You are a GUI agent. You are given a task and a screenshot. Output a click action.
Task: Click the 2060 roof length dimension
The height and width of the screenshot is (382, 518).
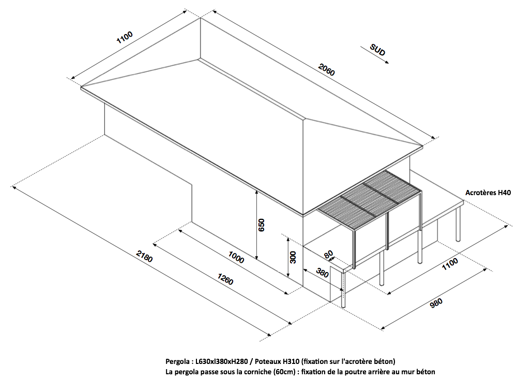(327, 69)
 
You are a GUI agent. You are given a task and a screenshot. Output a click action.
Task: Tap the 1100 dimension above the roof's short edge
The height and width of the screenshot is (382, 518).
(125, 38)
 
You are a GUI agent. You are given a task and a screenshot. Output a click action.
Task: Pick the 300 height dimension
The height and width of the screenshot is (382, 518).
(293, 257)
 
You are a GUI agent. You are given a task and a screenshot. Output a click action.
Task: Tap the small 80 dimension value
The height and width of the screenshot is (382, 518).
(328, 255)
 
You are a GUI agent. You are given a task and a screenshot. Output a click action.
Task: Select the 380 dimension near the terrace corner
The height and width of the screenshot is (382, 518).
(323, 273)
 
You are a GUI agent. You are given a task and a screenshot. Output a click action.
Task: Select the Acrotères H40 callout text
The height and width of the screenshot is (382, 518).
(488, 193)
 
